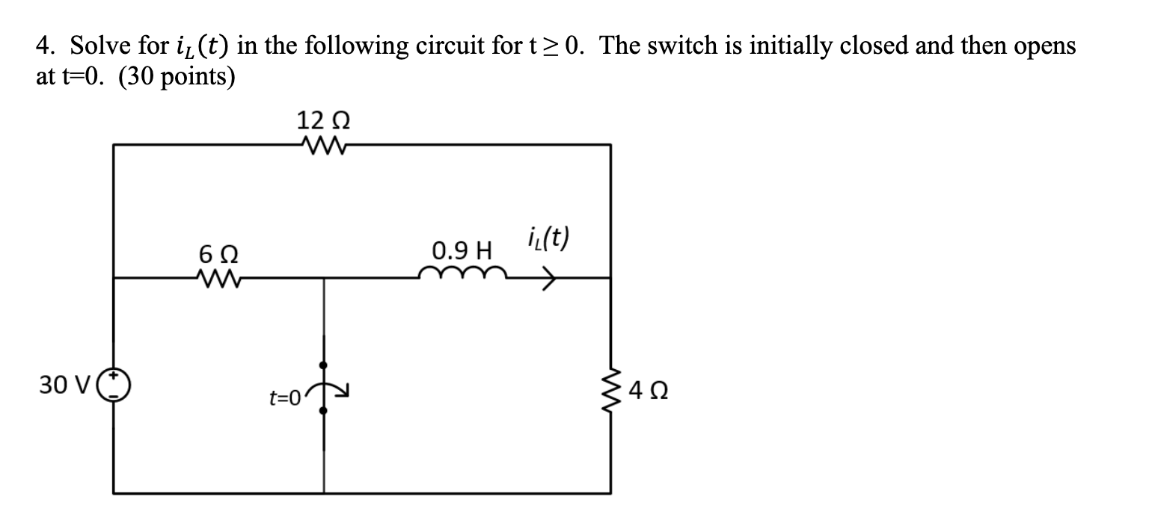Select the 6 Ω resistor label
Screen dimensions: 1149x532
point(218,254)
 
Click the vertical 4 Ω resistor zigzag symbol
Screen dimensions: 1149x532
point(612,387)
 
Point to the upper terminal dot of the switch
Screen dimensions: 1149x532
point(323,365)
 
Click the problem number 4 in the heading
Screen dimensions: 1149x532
point(43,47)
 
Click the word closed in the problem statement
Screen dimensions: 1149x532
point(868,47)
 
